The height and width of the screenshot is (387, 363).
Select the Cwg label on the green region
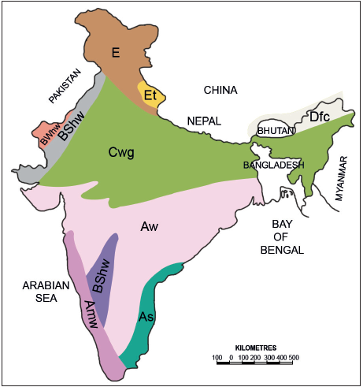[x=121, y=153]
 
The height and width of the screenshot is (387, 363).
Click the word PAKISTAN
[x=65, y=84]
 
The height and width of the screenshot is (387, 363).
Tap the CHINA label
[x=220, y=90]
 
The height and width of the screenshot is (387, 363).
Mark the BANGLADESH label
[x=273, y=166]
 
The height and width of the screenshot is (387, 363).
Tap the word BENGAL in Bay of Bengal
[x=286, y=250]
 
